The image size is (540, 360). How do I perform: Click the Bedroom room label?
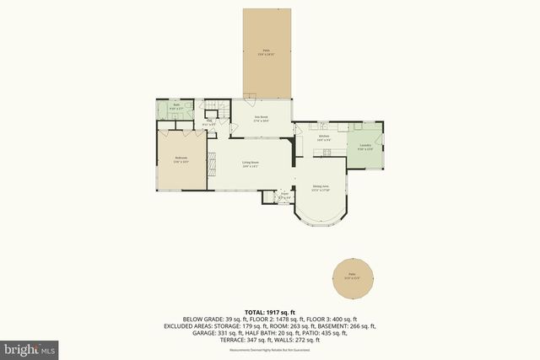(181, 159)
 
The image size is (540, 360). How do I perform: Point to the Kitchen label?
(323, 137)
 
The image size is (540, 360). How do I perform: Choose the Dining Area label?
(321, 187)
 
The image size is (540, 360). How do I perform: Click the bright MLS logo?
(30, 347)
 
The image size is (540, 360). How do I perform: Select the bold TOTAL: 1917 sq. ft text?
(270, 311)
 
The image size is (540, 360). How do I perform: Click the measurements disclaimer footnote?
(270, 349)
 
